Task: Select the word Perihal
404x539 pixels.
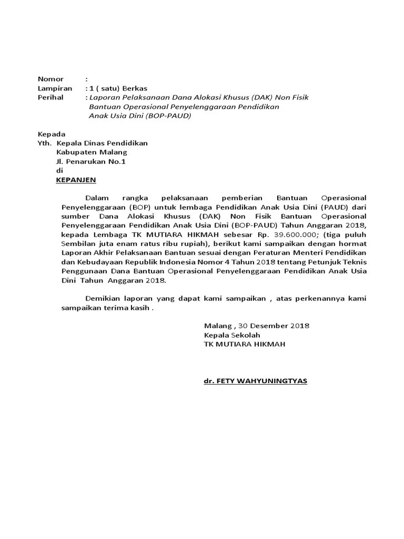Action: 50,97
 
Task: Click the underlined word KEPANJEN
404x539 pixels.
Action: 76,180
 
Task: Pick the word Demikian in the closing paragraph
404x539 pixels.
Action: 101,298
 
